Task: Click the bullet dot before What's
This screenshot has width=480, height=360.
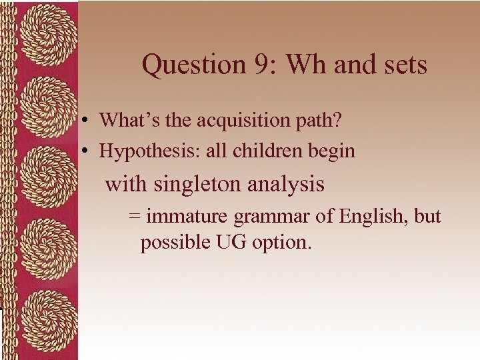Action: [87, 121]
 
